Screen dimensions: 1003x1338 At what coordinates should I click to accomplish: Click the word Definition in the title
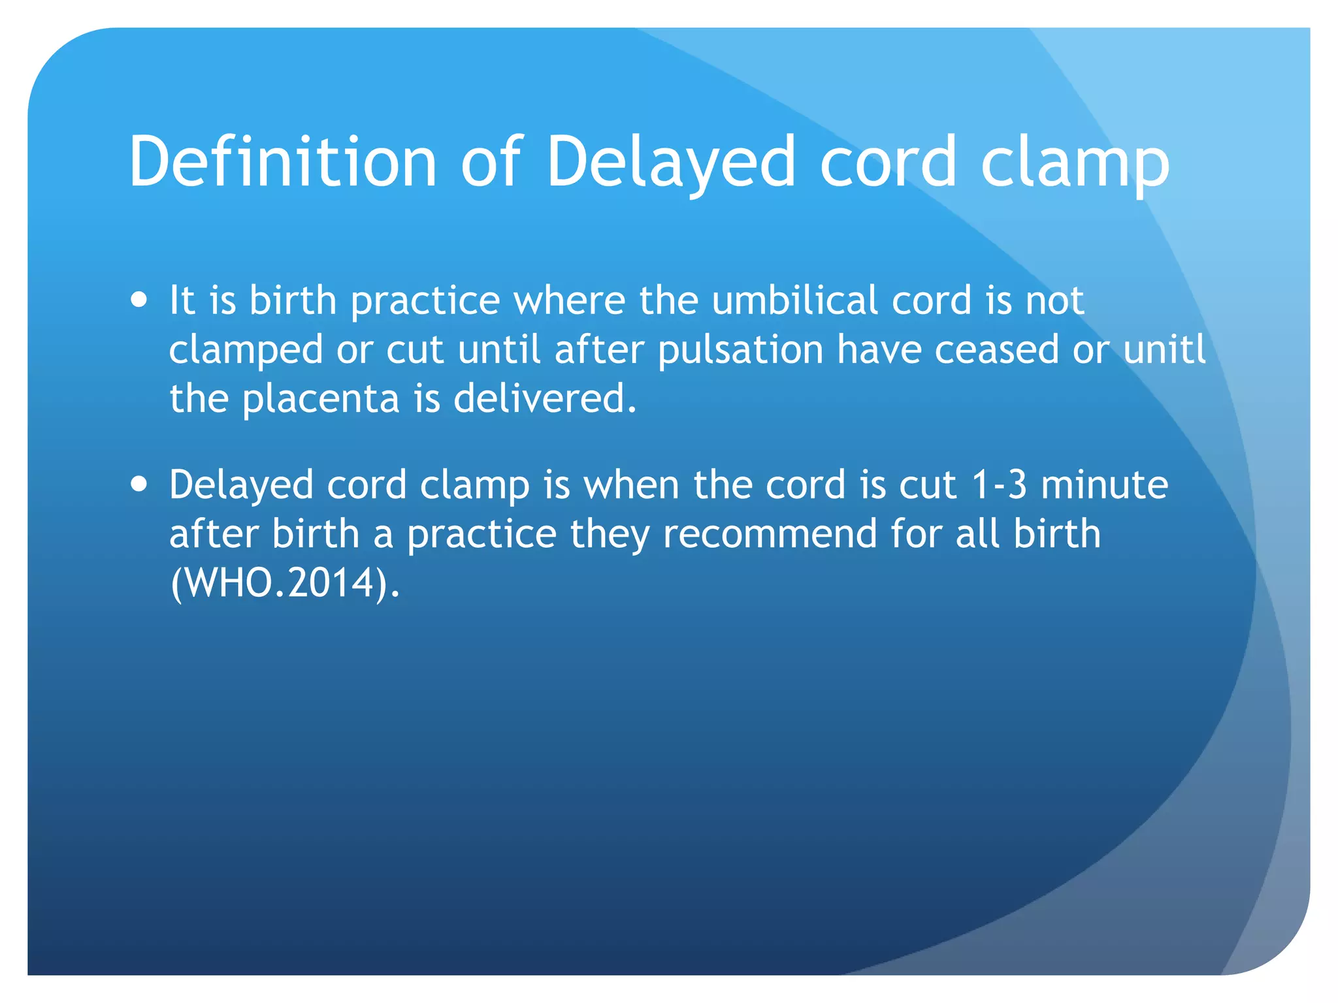click(282, 161)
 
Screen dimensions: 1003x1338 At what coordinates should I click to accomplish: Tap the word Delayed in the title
click(670, 161)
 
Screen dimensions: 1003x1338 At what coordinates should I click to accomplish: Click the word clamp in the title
click(1075, 161)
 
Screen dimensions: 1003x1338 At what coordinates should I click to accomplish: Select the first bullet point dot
click(139, 300)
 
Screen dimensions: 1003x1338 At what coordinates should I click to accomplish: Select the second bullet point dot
click(139, 485)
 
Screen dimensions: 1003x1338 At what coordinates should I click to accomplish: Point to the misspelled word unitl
click(1165, 349)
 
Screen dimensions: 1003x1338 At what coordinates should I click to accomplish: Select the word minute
click(1104, 485)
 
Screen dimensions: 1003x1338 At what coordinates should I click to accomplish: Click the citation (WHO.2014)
click(284, 582)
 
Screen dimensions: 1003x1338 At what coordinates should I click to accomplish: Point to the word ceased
click(996, 349)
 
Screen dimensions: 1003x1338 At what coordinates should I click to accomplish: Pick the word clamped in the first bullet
click(246, 349)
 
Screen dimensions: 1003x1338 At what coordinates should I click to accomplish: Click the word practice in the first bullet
click(425, 300)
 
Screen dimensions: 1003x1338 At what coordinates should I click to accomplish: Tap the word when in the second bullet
click(631, 485)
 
